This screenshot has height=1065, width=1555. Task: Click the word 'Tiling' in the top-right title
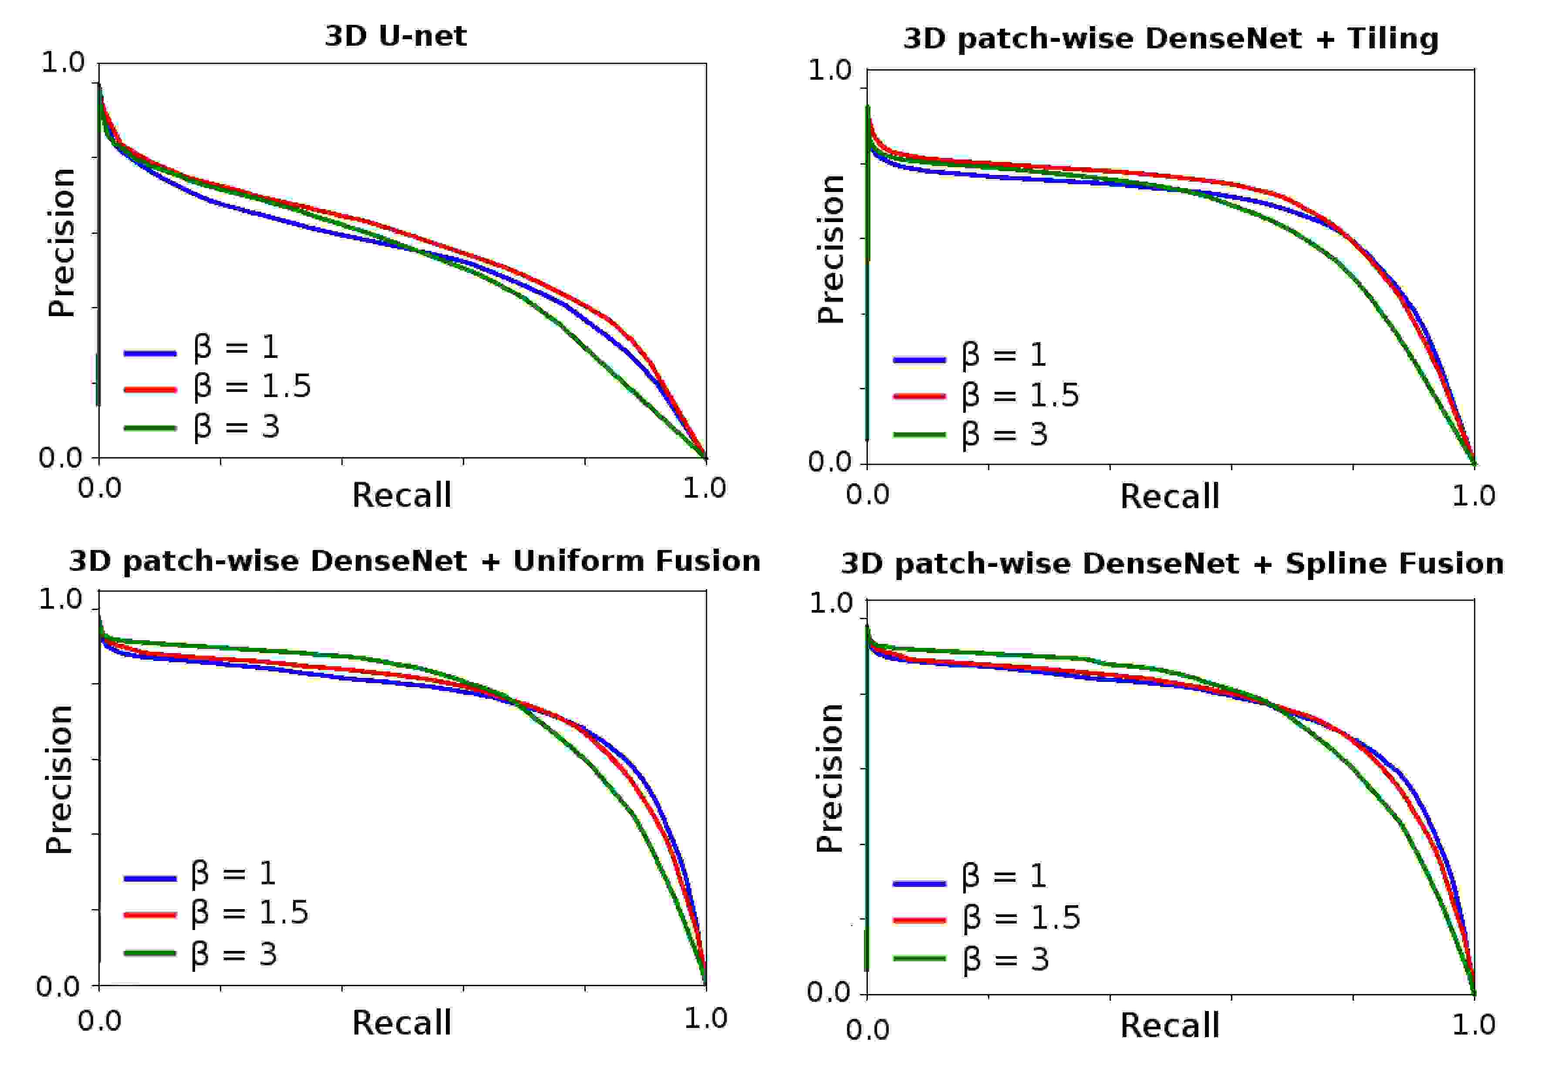click(x=1393, y=39)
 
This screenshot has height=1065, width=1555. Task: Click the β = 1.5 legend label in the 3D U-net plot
click(x=252, y=387)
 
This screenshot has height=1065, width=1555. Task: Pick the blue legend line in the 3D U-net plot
click(x=150, y=353)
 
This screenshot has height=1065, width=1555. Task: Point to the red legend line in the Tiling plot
click(x=919, y=396)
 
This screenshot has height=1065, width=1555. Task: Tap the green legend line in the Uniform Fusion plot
click(x=150, y=953)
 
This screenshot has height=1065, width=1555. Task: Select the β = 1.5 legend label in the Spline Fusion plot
click(x=1021, y=917)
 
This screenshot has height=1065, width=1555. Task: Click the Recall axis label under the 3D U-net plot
click(x=401, y=495)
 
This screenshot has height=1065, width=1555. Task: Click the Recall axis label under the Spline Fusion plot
click(x=1170, y=1025)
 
